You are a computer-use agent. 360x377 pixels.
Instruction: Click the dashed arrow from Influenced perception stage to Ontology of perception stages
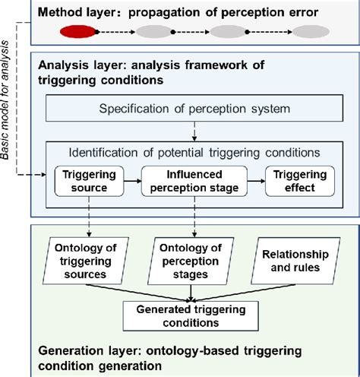click(196, 220)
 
